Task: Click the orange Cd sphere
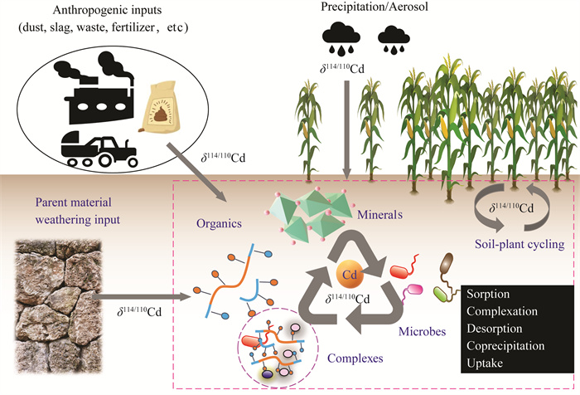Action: click(x=350, y=271)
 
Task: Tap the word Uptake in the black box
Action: click(x=487, y=362)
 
